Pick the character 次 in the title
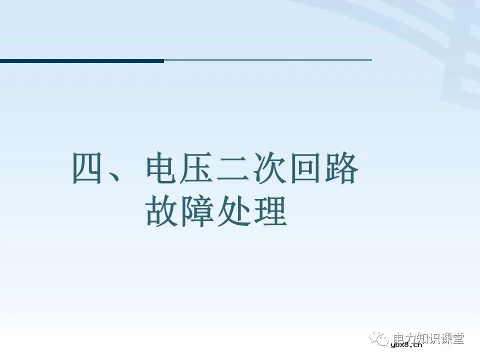point(270,168)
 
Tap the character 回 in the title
point(306,168)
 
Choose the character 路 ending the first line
point(342,168)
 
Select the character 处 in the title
point(234,212)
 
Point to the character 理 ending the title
point(270,212)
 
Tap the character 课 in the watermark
point(443,338)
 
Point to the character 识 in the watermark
point(429,338)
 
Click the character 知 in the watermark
point(415,338)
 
